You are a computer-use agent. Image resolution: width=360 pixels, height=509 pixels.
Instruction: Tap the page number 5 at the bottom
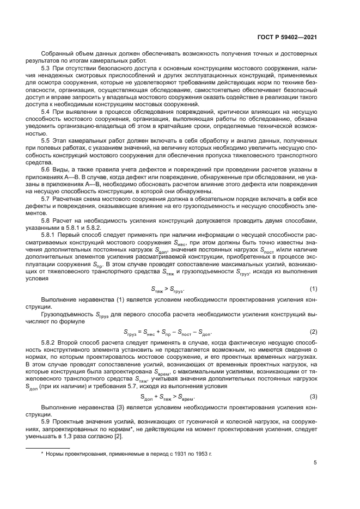click(315, 463)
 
